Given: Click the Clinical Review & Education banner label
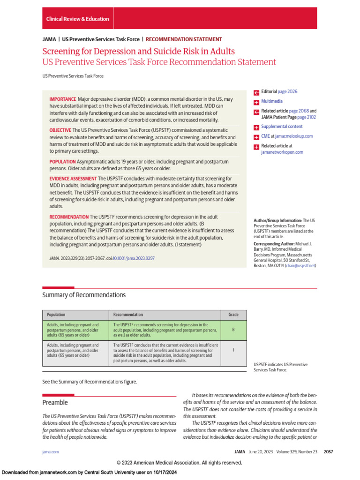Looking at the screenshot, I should [x=77, y=19].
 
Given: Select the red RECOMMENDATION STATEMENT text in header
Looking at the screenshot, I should [x=184, y=39].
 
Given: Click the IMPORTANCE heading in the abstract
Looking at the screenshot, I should [x=63, y=99].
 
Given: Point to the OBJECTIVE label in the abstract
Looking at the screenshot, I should [x=60, y=130].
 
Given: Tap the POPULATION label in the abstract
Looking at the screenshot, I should [x=62, y=162].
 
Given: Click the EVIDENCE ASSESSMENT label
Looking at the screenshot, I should [x=73, y=179].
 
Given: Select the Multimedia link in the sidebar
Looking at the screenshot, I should [x=272, y=101].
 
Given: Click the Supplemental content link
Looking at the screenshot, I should [x=282, y=127].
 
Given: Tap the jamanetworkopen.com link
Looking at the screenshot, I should [x=282, y=152].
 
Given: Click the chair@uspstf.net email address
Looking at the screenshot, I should [x=300, y=266].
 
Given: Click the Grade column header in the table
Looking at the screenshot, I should [x=233, y=315].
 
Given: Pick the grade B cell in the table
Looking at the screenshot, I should [x=233, y=330].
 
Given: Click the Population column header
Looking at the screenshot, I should [x=56, y=315].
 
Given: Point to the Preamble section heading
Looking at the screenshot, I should [x=55, y=403].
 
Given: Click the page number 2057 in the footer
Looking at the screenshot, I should [x=328, y=452].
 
